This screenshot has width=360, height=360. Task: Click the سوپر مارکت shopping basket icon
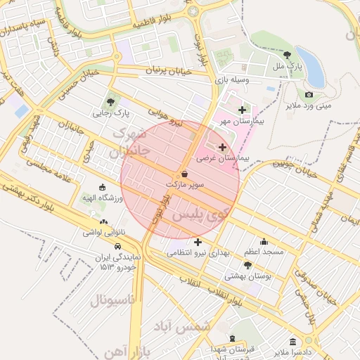184,173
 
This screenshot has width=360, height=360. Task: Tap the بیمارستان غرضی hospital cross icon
223,148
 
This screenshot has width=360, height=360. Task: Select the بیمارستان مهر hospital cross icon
243,110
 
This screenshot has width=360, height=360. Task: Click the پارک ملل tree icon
287,54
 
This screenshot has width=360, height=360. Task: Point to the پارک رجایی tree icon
111,101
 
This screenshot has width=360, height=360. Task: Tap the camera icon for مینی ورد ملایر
309,95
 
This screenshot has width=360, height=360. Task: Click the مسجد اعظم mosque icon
264,241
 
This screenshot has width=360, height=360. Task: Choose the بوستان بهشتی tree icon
247,265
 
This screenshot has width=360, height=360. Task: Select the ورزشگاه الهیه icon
103,188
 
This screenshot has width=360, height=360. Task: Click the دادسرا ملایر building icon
292,341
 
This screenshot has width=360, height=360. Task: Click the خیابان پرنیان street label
169,71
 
